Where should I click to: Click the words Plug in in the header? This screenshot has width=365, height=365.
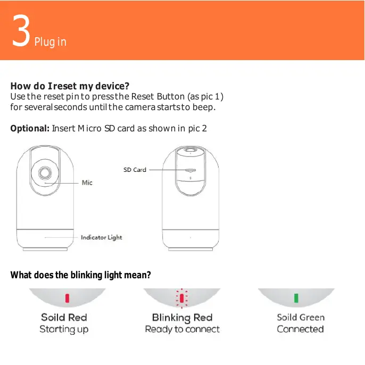click(x=51, y=42)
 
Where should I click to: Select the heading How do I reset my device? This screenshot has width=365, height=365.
click(x=70, y=86)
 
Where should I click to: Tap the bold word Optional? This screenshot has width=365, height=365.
click(x=30, y=128)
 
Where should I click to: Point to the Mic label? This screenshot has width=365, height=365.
click(x=87, y=182)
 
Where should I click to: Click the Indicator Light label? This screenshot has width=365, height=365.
click(x=101, y=237)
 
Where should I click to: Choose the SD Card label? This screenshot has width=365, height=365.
click(x=135, y=170)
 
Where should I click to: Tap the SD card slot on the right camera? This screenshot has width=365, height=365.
click(x=190, y=171)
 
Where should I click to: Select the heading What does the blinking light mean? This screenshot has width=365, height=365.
click(x=81, y=275)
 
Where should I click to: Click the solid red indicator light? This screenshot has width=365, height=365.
click(x=67, y=298)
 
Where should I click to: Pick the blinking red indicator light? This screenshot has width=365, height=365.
click(x=181, y=298)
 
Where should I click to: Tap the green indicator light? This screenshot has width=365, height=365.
click(x=296, y=298)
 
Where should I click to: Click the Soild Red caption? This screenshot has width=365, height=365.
click(x=64, y=318)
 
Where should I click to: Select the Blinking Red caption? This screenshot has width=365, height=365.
click(x=182, y=318)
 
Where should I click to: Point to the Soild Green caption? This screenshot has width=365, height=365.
click(x=300, y=318)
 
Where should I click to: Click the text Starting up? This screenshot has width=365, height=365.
click(x=64, y=329)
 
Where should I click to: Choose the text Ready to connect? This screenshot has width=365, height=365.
click(x=182, y=329)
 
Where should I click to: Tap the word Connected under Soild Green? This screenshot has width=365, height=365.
click(x=300, y=329)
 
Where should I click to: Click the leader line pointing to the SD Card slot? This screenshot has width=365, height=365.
click(x=165, y=170)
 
